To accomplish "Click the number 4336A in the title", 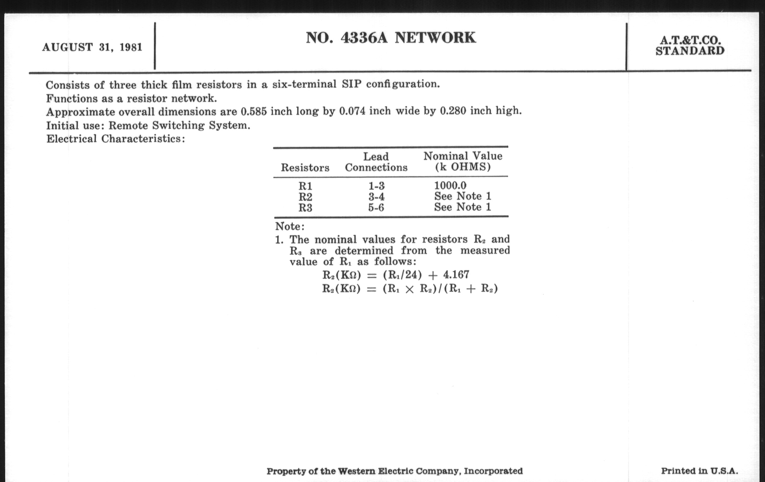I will click(x=364, y=38).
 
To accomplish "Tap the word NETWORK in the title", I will click(x=435, y=38).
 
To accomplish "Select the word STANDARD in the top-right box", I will click(x=690, y=51).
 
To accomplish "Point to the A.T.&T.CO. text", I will click(x=690, y=40).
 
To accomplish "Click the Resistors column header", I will click(x=305, y=168).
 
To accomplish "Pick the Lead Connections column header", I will click(x=376, y=162).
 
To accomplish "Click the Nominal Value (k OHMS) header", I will click(x=463, y=161).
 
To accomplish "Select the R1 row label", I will click(x=305, y=186).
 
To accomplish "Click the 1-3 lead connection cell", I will click(x=377, y=186).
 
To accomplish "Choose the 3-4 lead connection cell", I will click(x=377, y=197).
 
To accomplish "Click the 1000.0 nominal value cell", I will click(x=450, y=186).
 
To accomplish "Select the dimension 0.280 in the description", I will click(x=453, y=111).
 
